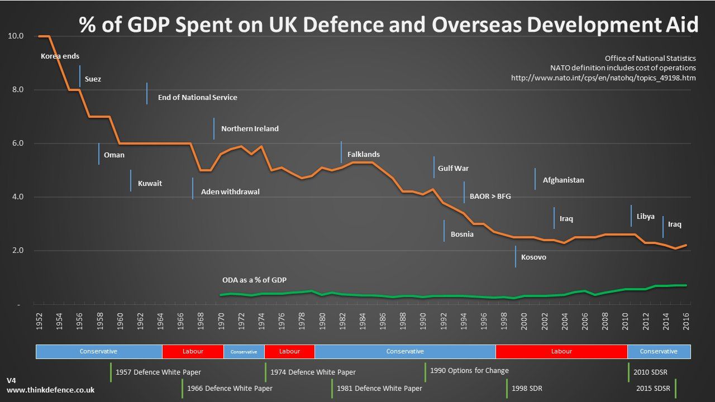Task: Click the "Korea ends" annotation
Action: [x=60, y=56]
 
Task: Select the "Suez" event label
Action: [x=93, y=79]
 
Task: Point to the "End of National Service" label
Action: [x=197, y=98]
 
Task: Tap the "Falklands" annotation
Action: [x=363, y=155]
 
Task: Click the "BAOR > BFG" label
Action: [x=490, y=197]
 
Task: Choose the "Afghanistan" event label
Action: [x=563, y=180]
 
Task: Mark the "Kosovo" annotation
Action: [x=533, y=257]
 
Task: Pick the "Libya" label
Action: [x=645, y=217]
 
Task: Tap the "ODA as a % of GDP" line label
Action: [x=254, y=280]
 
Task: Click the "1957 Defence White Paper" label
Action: [x=158, y=372]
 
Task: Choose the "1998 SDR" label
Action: [x=527, y=388]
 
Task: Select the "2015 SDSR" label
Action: [x=653, y=388]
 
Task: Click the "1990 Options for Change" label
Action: [x=469, y=370]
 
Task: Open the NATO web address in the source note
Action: [x=603, y=78]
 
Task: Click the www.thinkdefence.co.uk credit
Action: [x=50, y=390]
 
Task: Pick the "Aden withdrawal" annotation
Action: [x=230, y=192]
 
